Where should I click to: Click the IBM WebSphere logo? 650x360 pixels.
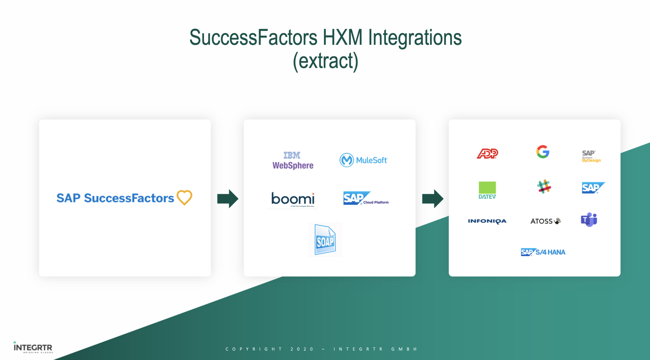click(293, 161)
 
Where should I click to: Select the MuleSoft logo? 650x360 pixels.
click(363, 160)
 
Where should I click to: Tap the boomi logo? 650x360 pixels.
click(293, 199)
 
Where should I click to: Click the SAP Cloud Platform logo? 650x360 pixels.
click(365, 198)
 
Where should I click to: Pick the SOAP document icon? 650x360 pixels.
click(325, 240)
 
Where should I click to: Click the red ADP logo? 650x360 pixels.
click(487, 154)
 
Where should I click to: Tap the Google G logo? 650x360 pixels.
click(543, 152)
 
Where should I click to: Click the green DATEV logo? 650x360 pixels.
click(487, 190)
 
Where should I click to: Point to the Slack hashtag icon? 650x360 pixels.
click(544, 187)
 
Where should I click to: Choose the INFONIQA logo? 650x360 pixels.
click(487, 221)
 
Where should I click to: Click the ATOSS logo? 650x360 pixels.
click(545, 221)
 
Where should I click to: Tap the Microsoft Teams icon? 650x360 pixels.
click(589, 220)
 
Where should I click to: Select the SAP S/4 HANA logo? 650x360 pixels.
click(543, 252)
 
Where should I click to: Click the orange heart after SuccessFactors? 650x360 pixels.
click(184, 197)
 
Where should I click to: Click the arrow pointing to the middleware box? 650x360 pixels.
click(228, 199)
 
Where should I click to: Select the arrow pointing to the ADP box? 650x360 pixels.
click(432, 199)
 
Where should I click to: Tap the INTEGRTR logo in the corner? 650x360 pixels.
click(33, 348)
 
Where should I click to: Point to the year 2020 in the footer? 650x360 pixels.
click(302, 349)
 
